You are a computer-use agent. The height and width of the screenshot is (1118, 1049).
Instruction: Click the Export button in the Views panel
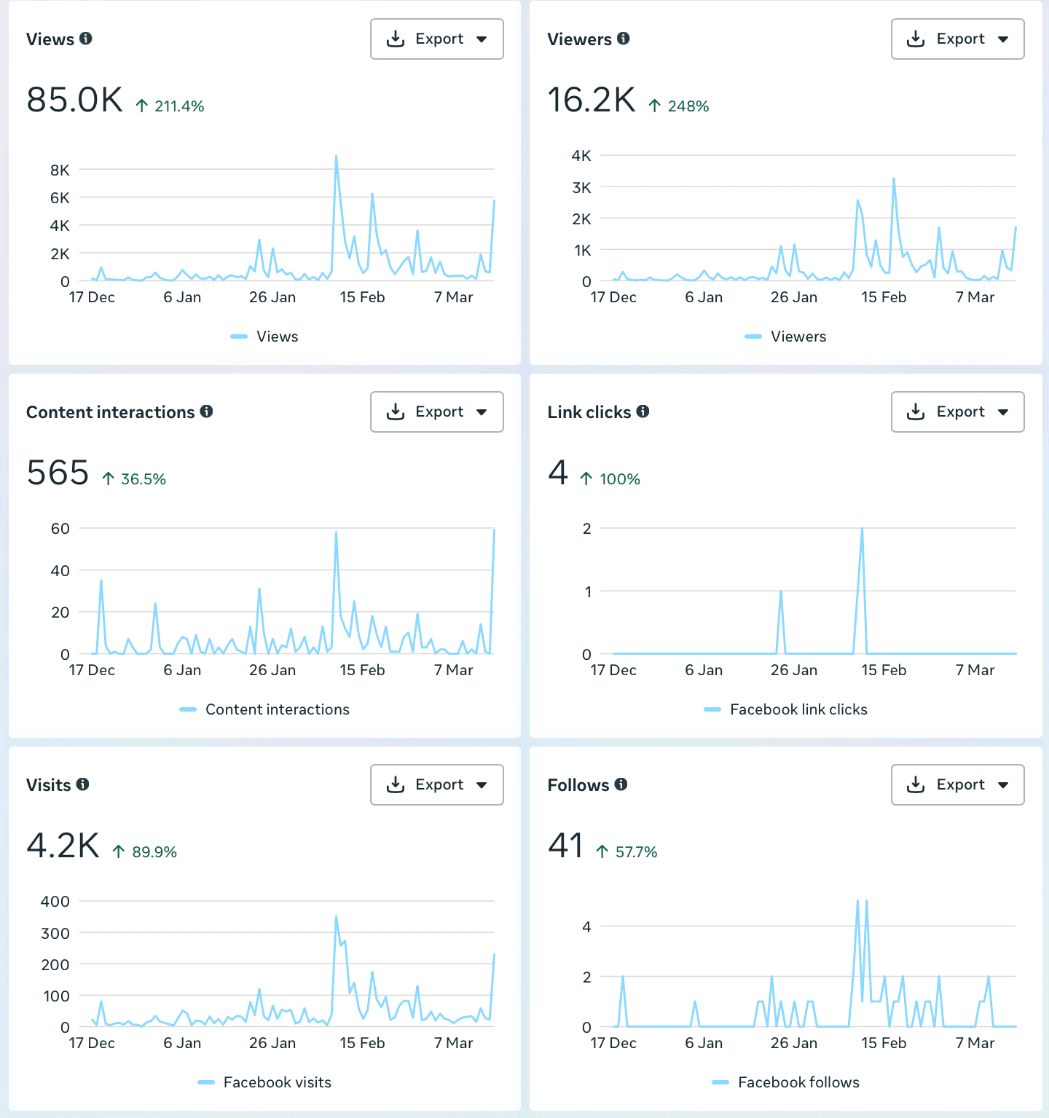click(436, 39)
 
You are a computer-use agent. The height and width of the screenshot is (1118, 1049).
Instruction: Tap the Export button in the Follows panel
click(957, 785)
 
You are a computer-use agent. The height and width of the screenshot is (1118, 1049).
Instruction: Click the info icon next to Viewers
click(624, 39)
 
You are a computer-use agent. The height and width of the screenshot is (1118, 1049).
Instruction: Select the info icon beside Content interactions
click(207, 412)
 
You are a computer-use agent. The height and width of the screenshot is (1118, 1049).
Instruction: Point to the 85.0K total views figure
click(75, 101)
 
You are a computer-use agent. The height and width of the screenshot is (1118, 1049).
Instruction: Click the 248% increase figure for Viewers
click(688, 106)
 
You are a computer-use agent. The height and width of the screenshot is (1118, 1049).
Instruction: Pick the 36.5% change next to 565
click(143, 479)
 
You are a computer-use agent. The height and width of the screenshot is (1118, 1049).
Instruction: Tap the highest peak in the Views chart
click(336, 157)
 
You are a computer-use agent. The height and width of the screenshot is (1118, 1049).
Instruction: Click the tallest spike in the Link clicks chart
click(862, 530)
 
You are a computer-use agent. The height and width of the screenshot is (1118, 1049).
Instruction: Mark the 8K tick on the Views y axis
click(60, 170)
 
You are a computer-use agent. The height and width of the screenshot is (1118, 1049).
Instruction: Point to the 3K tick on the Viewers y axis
click(581, 188)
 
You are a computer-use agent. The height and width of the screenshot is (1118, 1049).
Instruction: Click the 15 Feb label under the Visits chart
click(362, 1043)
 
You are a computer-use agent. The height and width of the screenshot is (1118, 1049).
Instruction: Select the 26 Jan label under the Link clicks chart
click(793, 670)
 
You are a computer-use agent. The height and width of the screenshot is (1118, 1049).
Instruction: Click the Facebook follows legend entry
click(798, 1082)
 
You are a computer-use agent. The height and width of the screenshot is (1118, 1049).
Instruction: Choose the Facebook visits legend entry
click(277, 1082)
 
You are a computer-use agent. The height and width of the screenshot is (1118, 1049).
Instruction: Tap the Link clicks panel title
click(589, 412)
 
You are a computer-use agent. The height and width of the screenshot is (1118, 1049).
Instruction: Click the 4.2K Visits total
click(63, 846)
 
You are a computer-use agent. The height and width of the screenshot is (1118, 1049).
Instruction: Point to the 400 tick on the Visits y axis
click(55, 902)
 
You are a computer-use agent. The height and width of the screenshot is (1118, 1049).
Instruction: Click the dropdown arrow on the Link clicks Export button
click(1003, 412)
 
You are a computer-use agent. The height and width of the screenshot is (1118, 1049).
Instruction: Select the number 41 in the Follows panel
click(565, 846)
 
